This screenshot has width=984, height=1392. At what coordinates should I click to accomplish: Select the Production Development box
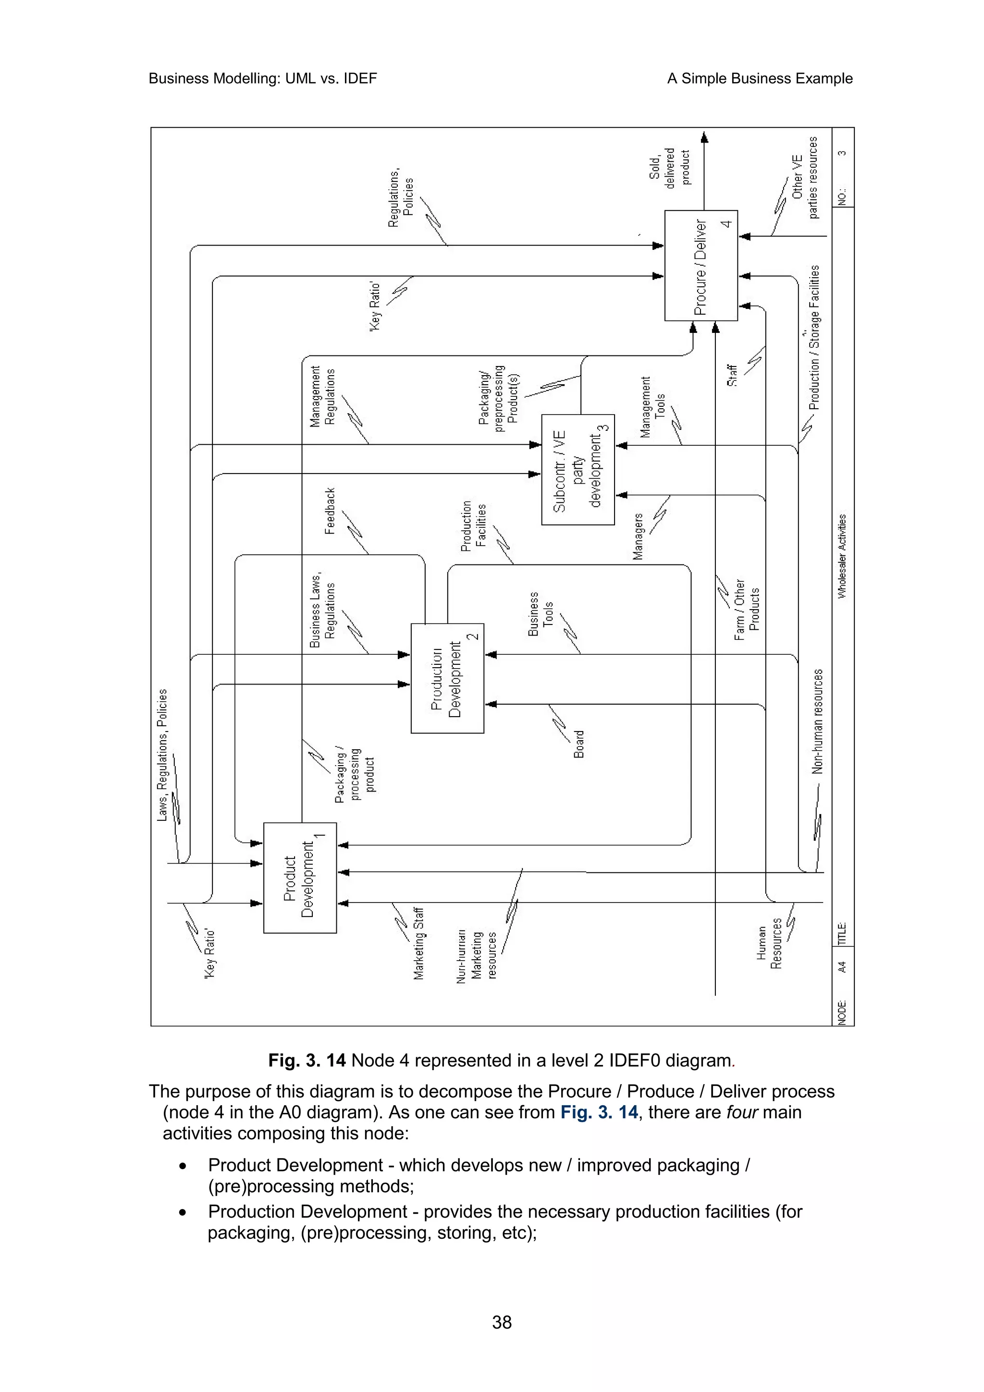(x=447, y=678)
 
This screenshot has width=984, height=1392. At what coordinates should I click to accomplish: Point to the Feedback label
(x=330, y=511)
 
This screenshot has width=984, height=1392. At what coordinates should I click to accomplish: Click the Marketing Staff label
(x=418, y=943)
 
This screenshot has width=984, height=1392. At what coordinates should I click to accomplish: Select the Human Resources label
(x=769, y=946)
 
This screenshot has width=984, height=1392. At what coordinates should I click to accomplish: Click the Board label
(x=579, y=744)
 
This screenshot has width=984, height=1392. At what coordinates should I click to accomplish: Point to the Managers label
(x=638, y=536)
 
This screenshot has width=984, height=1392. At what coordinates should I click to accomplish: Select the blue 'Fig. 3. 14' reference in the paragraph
(x=598, y=1112)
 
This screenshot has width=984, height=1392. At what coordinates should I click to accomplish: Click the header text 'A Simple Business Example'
(x=759, y=78)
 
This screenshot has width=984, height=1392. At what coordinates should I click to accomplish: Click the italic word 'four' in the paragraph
(x=741, y=1112)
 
